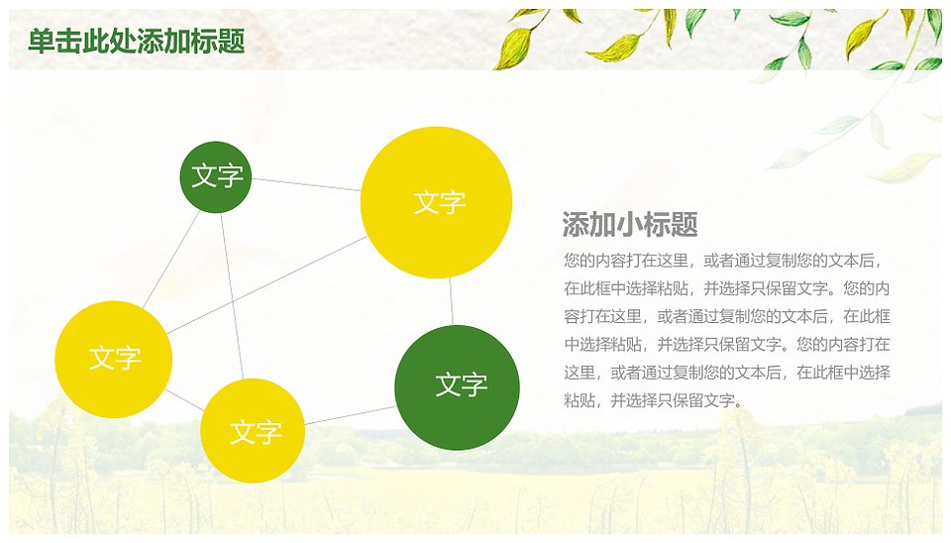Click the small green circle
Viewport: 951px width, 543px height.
[215, 177]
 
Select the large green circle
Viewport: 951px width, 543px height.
[457, 387]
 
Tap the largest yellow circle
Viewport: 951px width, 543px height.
[436, 203]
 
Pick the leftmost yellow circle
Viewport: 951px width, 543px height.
[113, 359]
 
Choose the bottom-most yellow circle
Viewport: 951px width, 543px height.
[253, 430]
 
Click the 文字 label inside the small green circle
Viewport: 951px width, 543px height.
[217, 176]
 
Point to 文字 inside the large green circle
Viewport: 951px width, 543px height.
[461, 384]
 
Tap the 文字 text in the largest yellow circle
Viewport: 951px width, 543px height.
[439, 202]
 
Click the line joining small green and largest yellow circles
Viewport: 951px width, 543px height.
[306, 184]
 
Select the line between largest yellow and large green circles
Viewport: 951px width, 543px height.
[451, 301]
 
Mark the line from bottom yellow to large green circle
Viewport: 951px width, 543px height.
[351, 415]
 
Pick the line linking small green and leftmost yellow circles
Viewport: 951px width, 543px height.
[171, 259]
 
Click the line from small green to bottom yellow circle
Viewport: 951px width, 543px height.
[232, 296]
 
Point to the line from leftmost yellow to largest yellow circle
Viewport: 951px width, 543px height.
[266, 284]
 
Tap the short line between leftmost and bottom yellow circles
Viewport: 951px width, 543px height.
[184, 399]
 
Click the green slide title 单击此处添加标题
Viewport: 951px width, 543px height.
[137, 42]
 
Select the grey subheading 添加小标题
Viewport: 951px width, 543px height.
[630, 225]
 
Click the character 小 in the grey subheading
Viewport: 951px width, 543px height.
[630, 225]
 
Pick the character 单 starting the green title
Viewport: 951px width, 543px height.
[42, 42]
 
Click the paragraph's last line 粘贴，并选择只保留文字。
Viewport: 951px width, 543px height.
[653, 400]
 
